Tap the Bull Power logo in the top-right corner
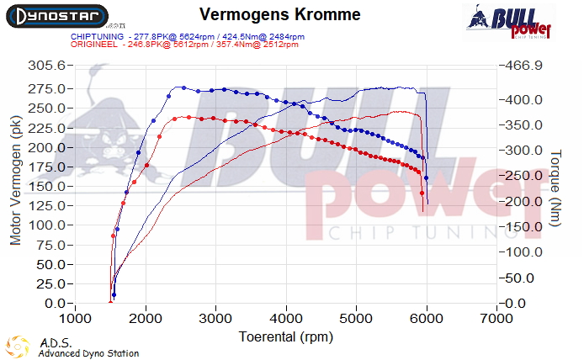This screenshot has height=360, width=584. [x=510, y=21]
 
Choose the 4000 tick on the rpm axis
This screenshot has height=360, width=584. [x=286, y=319]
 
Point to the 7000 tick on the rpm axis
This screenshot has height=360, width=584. [x=496, y=319]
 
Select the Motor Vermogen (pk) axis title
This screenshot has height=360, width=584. [x=15, y=181]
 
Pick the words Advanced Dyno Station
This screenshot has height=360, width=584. [x=88, y=353]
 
